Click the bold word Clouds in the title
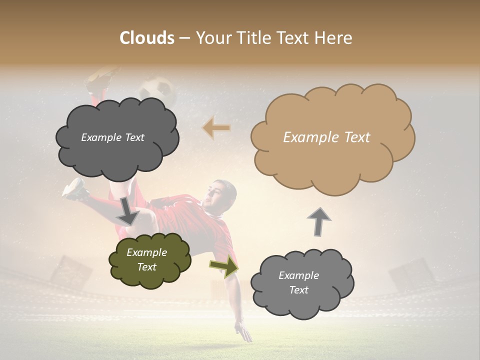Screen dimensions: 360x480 click(147, 38)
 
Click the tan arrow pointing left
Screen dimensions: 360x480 click(216, 128)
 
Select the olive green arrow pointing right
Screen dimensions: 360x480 click(224, 266)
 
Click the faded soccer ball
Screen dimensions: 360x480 click(156, 88)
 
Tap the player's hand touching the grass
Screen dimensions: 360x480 click(244, 332)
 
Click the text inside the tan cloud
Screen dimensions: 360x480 click(326, 137)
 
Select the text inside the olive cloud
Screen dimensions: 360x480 click(146, 260)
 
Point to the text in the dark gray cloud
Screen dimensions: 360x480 click(112, 137)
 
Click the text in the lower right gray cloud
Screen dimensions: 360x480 click(298, 282)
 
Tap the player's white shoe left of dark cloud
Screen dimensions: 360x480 click(73, 188)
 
